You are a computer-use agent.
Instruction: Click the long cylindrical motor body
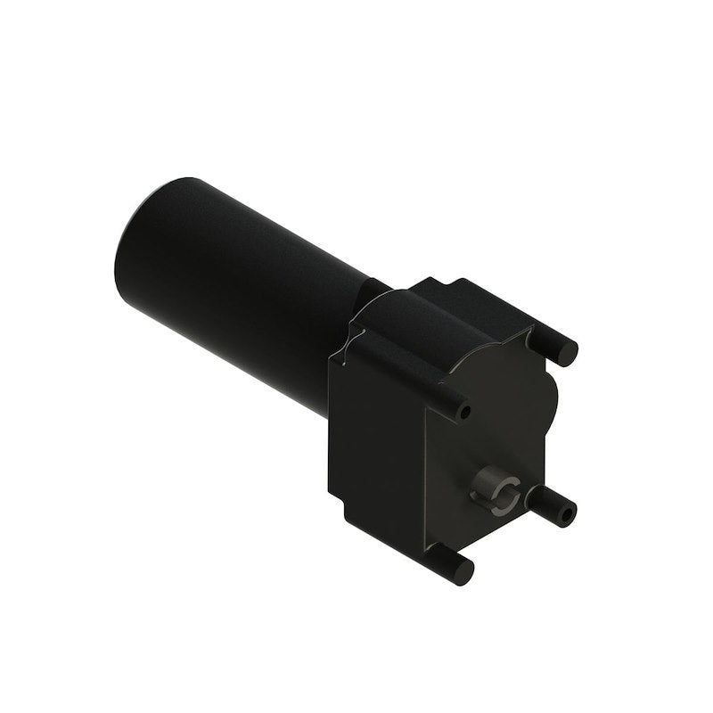tap(241, 285)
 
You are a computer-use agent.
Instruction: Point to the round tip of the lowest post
tap(464, 570)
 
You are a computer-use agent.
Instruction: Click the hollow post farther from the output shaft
tap(450, 406)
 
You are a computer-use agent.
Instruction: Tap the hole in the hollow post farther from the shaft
tap(464, 413)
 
